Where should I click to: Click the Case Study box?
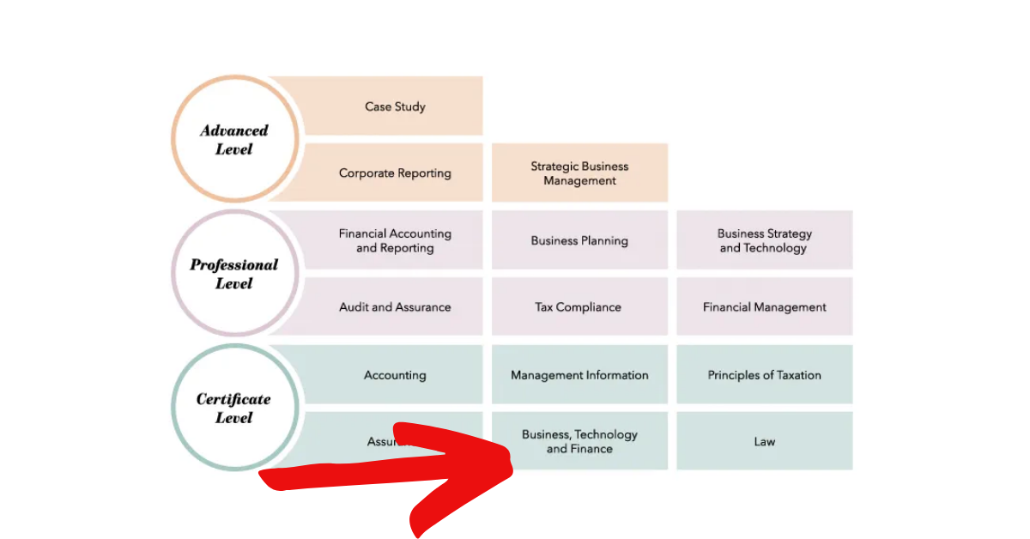395,106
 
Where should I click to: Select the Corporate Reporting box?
395,173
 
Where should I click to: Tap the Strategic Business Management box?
579,173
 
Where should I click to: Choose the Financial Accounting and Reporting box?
395,240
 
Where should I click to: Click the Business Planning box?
579,240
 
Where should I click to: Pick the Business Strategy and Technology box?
765,240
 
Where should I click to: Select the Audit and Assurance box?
395,306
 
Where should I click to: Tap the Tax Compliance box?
579,306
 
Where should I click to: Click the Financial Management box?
765,306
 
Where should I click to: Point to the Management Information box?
579,375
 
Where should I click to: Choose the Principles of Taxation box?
765,375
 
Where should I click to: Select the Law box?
765,441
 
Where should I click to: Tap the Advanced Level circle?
234,139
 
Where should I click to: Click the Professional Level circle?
234,274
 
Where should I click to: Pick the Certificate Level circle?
234,408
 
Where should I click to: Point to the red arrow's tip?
512,469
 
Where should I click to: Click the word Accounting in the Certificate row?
395,375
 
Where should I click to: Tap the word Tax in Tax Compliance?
545,306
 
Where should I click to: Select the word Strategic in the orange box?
554,167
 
